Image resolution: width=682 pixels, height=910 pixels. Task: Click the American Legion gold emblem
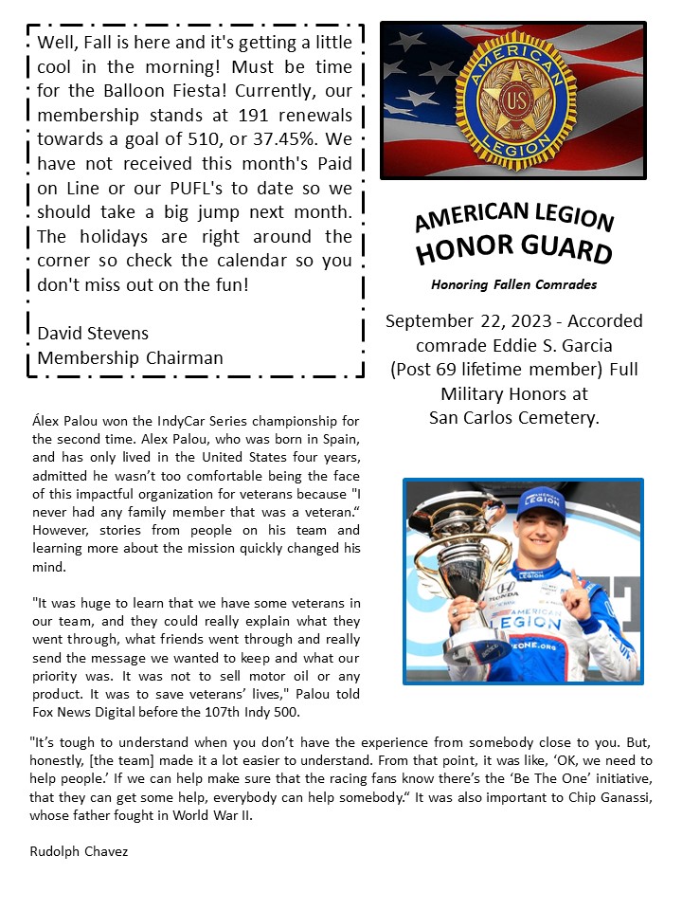tap(515, 101)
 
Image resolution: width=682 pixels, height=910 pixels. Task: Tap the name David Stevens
tap(93, 334)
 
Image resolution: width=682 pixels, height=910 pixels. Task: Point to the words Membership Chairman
tap(130, 358)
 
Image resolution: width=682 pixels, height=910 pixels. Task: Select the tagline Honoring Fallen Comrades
tap(513, 284)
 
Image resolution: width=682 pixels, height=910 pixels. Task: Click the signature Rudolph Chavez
tap(79, 851)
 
